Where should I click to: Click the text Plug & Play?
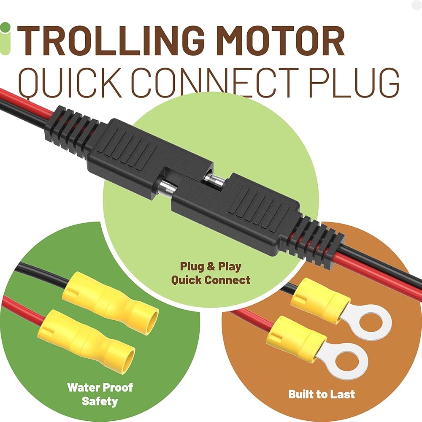point(211,266)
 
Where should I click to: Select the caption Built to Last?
point(322,394)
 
